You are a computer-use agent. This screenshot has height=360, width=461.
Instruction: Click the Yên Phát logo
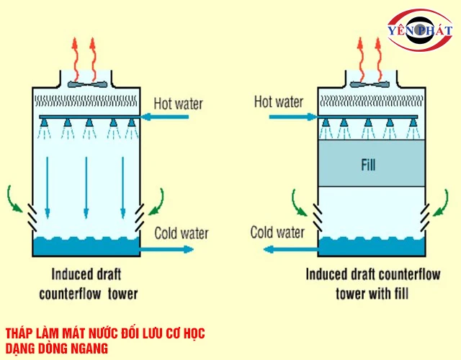pyautogui.click(x=419, y=30)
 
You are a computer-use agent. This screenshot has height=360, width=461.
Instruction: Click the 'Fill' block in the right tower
pyautogui.click(x=368, y=164)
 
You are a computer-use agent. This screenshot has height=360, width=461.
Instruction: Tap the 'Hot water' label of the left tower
pyautogui.click(x=179, y=103)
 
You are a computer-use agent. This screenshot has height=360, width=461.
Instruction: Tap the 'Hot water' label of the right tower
pyautogui.click(x=279, y=102)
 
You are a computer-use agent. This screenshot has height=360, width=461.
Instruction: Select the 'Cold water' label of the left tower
pyautogui.click(x=181, y=233)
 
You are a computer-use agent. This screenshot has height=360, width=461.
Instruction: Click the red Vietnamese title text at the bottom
pyautogui.click(x=105, y=341)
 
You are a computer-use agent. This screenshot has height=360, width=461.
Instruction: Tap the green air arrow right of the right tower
pyautogui.click(x=440, y=198)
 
